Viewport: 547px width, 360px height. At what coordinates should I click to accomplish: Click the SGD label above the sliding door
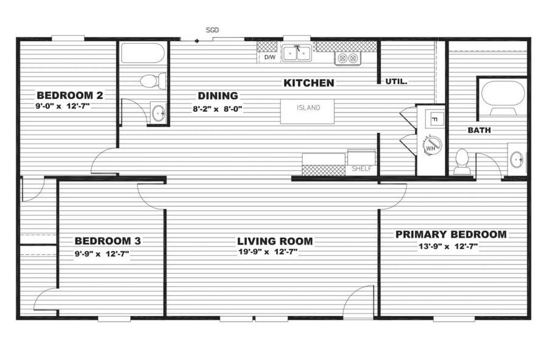[x=212, y=30]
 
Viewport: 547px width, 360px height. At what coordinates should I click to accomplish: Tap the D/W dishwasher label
[x=270, y=57]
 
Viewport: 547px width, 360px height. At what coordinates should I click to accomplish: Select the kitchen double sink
[x=297, y=53]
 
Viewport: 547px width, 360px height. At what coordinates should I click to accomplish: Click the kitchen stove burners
[x=348, y=58]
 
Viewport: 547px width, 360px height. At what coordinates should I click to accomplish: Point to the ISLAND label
[x=308, y=108]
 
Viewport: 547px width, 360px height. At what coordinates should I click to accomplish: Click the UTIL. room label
[x=396, y=81]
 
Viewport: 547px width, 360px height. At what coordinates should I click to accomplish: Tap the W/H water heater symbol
[x=432, y=145]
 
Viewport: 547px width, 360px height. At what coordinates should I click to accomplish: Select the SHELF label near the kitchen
[x=362, y=168]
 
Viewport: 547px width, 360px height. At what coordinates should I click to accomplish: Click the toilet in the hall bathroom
[x=153, y=81]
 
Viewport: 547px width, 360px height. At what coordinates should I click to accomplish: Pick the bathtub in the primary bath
[x=503, y=95]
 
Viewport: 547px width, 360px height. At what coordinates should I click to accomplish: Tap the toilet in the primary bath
[x=463, y=161]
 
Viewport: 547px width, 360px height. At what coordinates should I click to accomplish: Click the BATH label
[x=480, y=130]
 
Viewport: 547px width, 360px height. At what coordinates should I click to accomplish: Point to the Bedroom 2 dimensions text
[x=63, y=106]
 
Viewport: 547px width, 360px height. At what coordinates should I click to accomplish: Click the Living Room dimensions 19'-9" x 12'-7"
[x=268, y=251]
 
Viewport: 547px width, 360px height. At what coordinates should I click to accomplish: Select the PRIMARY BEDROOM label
[x=451, y=234]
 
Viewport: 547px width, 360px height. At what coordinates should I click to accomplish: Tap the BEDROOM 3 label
[x=108, y=241]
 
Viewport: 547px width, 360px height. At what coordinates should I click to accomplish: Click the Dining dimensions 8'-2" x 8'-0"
[x=218, y=109]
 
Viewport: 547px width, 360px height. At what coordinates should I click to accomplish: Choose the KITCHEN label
[x=309, y=83]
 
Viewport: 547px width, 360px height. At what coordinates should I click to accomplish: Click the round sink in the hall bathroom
[x=159, y=113]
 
